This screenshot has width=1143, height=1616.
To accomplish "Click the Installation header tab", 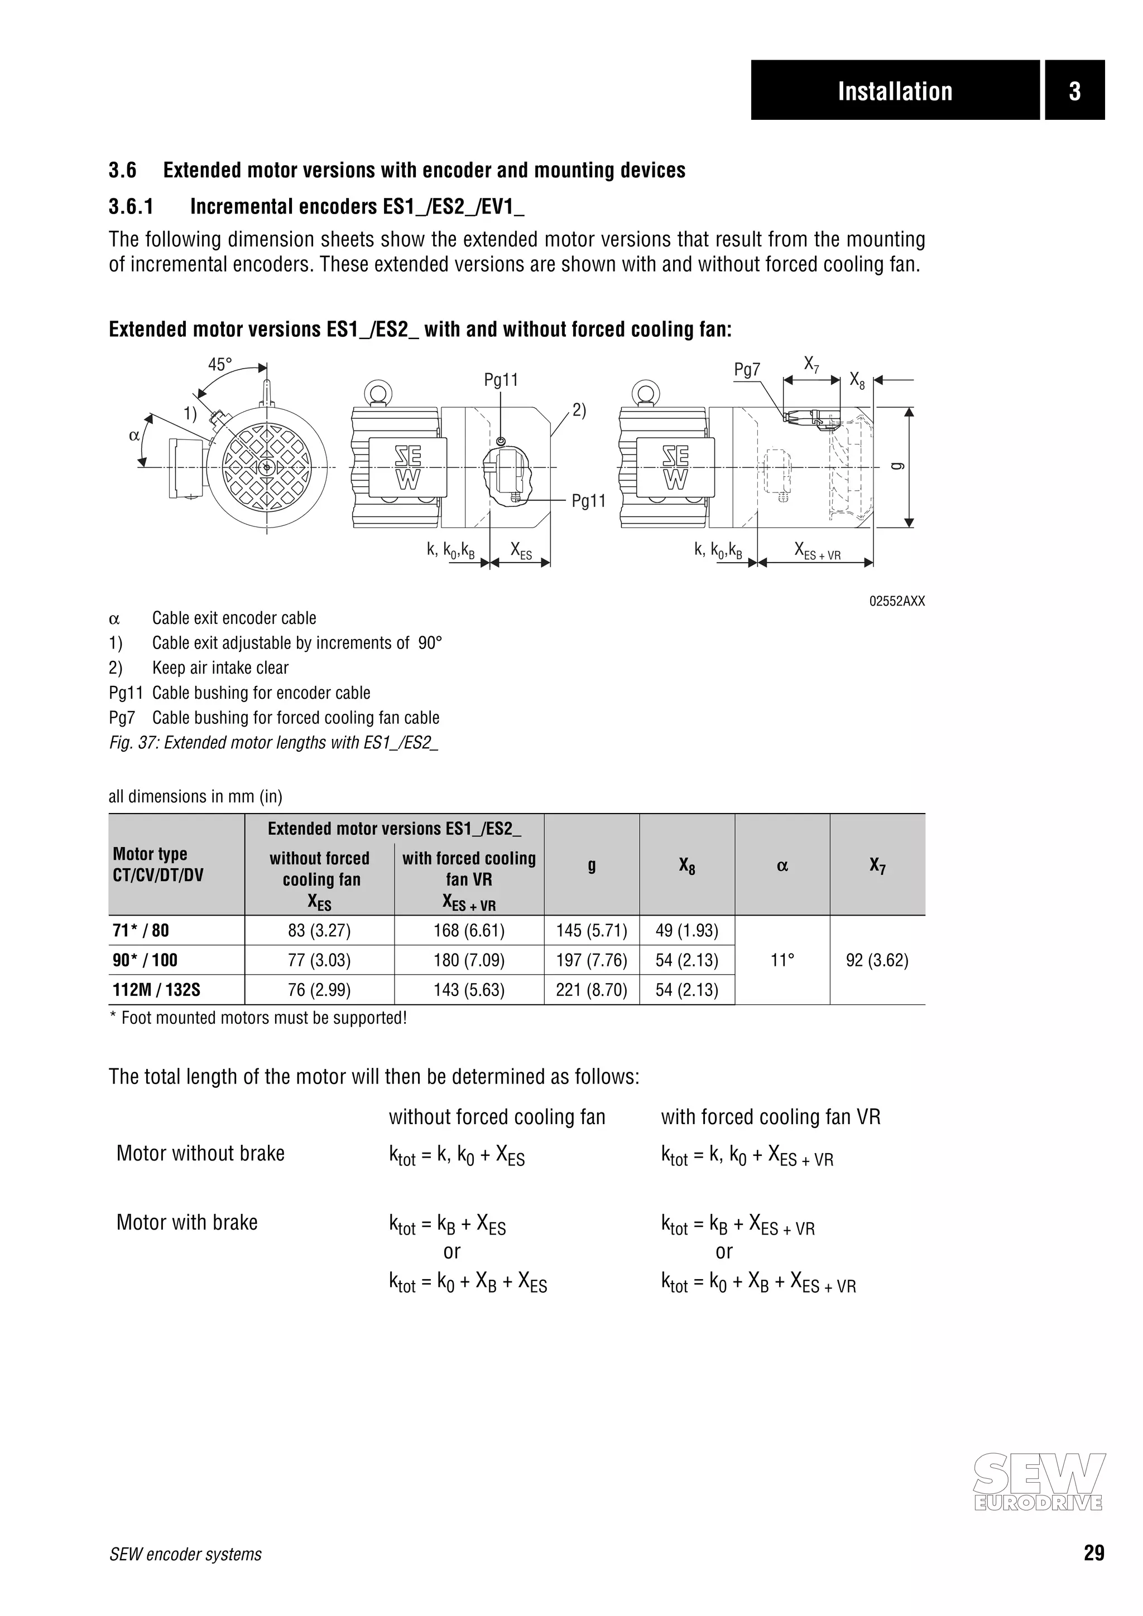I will point(895,91).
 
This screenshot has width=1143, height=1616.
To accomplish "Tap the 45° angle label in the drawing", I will point(220,365).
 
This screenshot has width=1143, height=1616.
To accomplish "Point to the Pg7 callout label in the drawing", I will point(747,370).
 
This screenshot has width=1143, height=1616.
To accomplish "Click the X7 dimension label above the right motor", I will point(811,365).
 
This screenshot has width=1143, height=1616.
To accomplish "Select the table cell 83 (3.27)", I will point(319,931).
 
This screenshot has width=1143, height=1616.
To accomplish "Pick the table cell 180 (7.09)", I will point(469,960).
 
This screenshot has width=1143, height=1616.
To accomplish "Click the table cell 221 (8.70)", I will point(592,990).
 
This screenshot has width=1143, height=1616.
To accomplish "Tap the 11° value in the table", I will point(782,960).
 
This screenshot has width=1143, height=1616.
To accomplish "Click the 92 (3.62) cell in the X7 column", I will point(877,960).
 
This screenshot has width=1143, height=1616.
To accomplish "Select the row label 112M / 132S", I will point(156,990).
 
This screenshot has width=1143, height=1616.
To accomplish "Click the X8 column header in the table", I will point(686,865).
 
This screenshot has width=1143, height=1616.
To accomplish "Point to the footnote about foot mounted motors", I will point(258,1018).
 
